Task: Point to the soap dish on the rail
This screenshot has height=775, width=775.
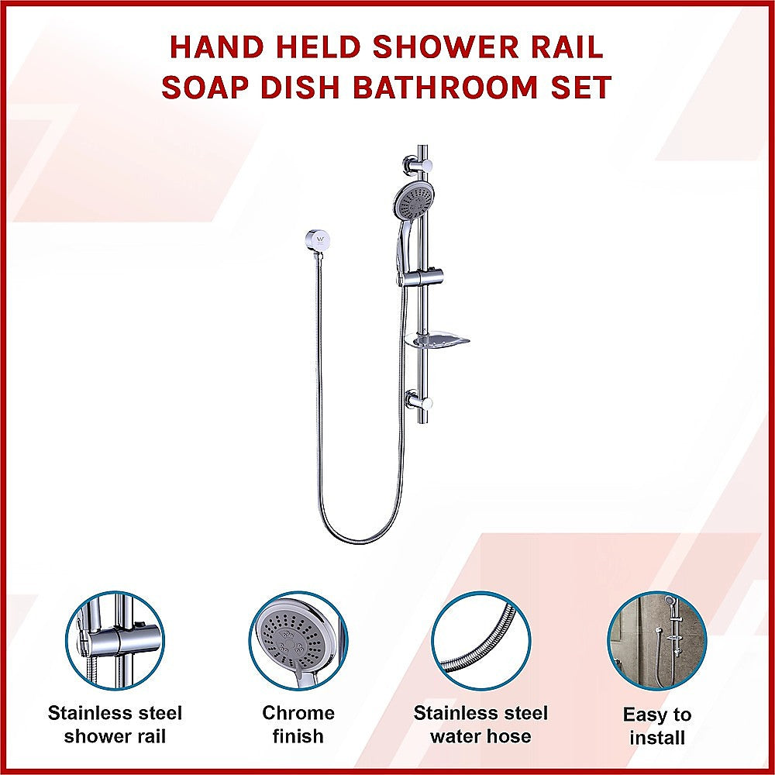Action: pyautogui.click(x=439, y=339)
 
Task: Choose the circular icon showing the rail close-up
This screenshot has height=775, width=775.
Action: pyautogui.click(x=115, y=640)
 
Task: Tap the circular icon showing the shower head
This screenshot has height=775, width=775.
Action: pyautogui.click(x=298, y=640)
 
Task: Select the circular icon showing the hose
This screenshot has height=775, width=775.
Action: pyautogui.click(x=480, y=640)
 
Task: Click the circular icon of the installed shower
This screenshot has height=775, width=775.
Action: pyautogui.click(x=657, y=640)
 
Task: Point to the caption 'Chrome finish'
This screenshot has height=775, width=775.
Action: pyautogui.click(x=298, y=724)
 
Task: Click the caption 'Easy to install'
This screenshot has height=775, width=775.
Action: pyautogui.click(x=657, y=726)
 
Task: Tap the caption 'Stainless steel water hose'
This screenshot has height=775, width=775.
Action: pyautogui.click(x=480, y=724)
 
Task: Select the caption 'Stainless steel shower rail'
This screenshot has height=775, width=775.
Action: pyautogui.click(x=115, y=724)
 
